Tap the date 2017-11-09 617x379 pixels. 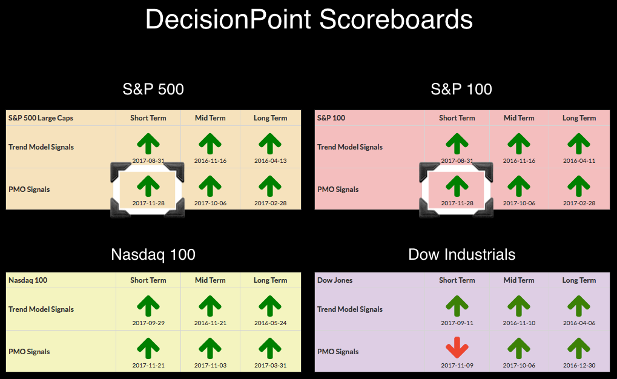tap(457, 365)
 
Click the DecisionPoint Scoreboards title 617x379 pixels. tap(309, 19)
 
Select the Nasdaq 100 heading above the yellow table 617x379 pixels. tap(153, 255)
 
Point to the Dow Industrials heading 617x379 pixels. tap(461, 255)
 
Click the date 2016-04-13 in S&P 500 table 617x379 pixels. tap(270, 160)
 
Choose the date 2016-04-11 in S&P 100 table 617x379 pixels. tap(579, 160)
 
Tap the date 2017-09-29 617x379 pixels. tap(148, 323)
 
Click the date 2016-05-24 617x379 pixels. tap(270, 323)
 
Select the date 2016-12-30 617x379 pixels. tap(579, 365)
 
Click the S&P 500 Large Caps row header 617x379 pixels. tap(41, 118)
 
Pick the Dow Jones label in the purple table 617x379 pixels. tap(335, 280)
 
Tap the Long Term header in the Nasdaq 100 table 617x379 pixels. tap(270, 280)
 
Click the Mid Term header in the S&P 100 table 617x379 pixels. tap(519, 118)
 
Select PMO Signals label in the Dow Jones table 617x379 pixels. tap(338, 352)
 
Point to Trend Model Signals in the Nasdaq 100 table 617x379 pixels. tap(41, 309)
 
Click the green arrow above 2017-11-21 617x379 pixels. tap(148, 348)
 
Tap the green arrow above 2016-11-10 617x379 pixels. tap(519, 306)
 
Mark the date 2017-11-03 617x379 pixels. tap(210, 365)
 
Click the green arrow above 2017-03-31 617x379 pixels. tap(270, 348)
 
